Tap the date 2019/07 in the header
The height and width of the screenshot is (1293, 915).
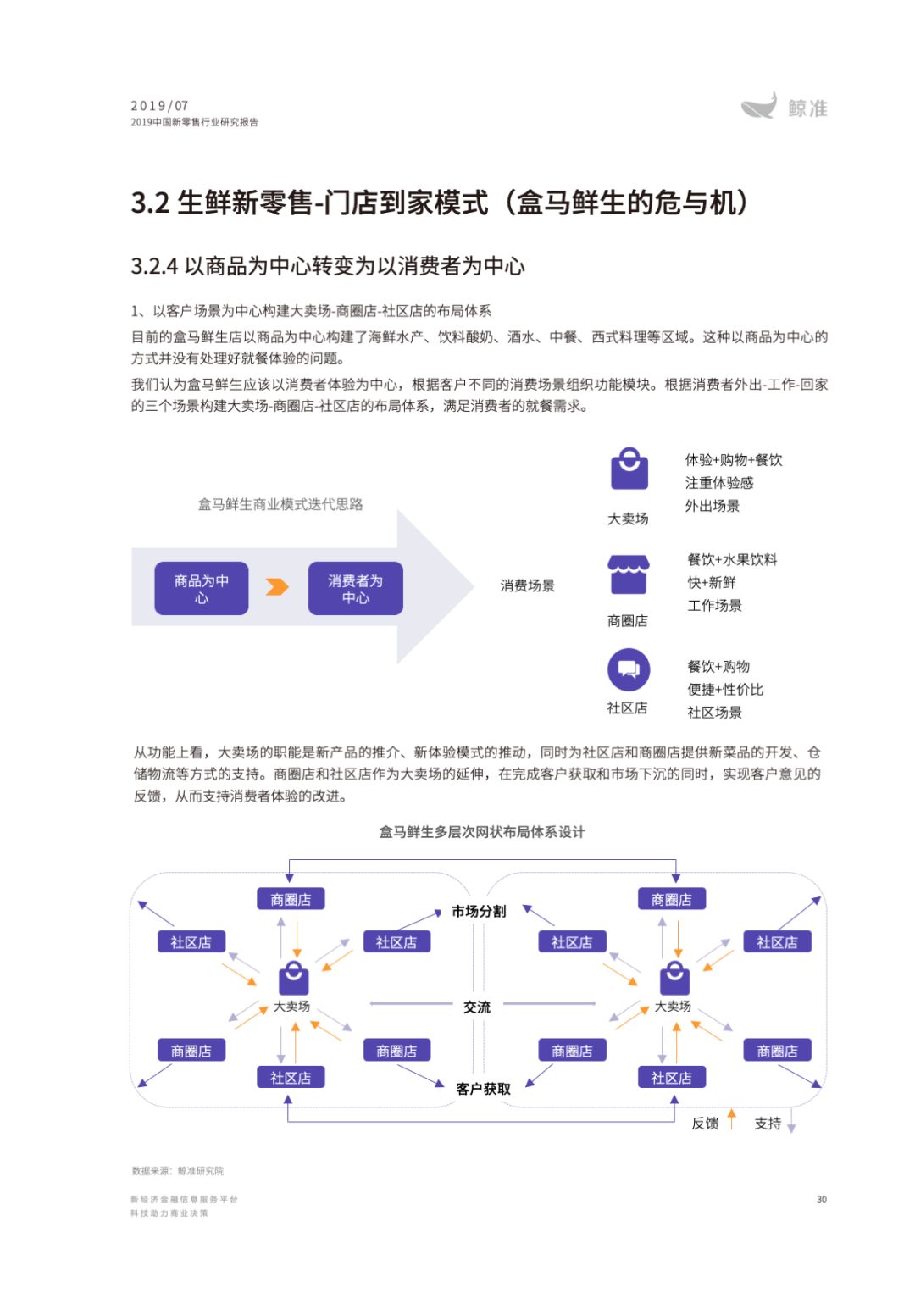pos(159,106)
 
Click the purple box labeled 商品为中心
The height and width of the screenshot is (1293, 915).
pos(202,588)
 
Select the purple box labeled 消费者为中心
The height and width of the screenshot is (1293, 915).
pos(355,588)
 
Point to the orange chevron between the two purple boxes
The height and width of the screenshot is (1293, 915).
pos(277,587)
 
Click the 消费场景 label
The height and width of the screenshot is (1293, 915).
pos(527,585)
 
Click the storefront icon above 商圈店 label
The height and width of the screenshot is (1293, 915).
pos(629,574)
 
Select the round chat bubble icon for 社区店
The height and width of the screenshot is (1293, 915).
pos(629,669)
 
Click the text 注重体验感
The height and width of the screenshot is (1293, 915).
pos(719,483)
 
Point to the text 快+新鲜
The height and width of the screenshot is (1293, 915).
pos(712,582)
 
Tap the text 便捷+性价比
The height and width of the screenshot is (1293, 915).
pos(725,690)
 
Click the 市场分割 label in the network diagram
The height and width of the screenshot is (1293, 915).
pos(479,911)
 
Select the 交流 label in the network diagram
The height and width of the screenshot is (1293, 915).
pos(477,1007)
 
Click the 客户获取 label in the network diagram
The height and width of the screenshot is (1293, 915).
pos(483,1089)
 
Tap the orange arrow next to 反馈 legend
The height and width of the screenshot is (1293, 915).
pos(732,1118)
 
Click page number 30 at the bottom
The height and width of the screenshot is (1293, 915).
pos(821,1199)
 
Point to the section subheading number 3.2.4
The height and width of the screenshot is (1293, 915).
pos(154,266)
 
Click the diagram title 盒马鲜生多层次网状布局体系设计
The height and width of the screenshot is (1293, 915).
pos(481,832)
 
